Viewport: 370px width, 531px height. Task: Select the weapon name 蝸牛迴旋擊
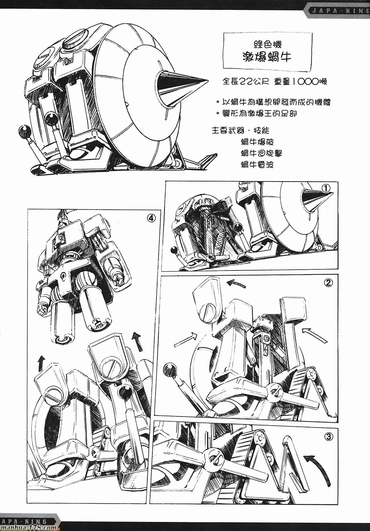point(262,153)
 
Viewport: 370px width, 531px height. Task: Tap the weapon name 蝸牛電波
point(257,165)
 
